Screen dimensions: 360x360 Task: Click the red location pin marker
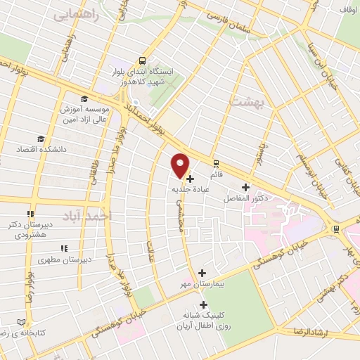tap(181, 165)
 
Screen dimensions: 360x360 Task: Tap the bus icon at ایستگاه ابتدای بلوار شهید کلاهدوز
tap(143, 61)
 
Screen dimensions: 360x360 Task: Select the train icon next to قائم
tap(217, 162)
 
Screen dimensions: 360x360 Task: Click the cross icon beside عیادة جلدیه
tap(191, 179)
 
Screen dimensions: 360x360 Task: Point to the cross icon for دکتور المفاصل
tap(245, 187)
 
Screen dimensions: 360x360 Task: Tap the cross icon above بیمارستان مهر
tap(202, 273)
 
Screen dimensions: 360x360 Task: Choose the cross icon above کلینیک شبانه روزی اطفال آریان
tap(203, 305)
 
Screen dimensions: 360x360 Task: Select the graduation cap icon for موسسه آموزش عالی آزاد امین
tap(84, 99)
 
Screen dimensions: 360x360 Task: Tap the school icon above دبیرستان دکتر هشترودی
tap(30, 214)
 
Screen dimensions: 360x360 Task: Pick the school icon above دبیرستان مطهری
tap(64, 248)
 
